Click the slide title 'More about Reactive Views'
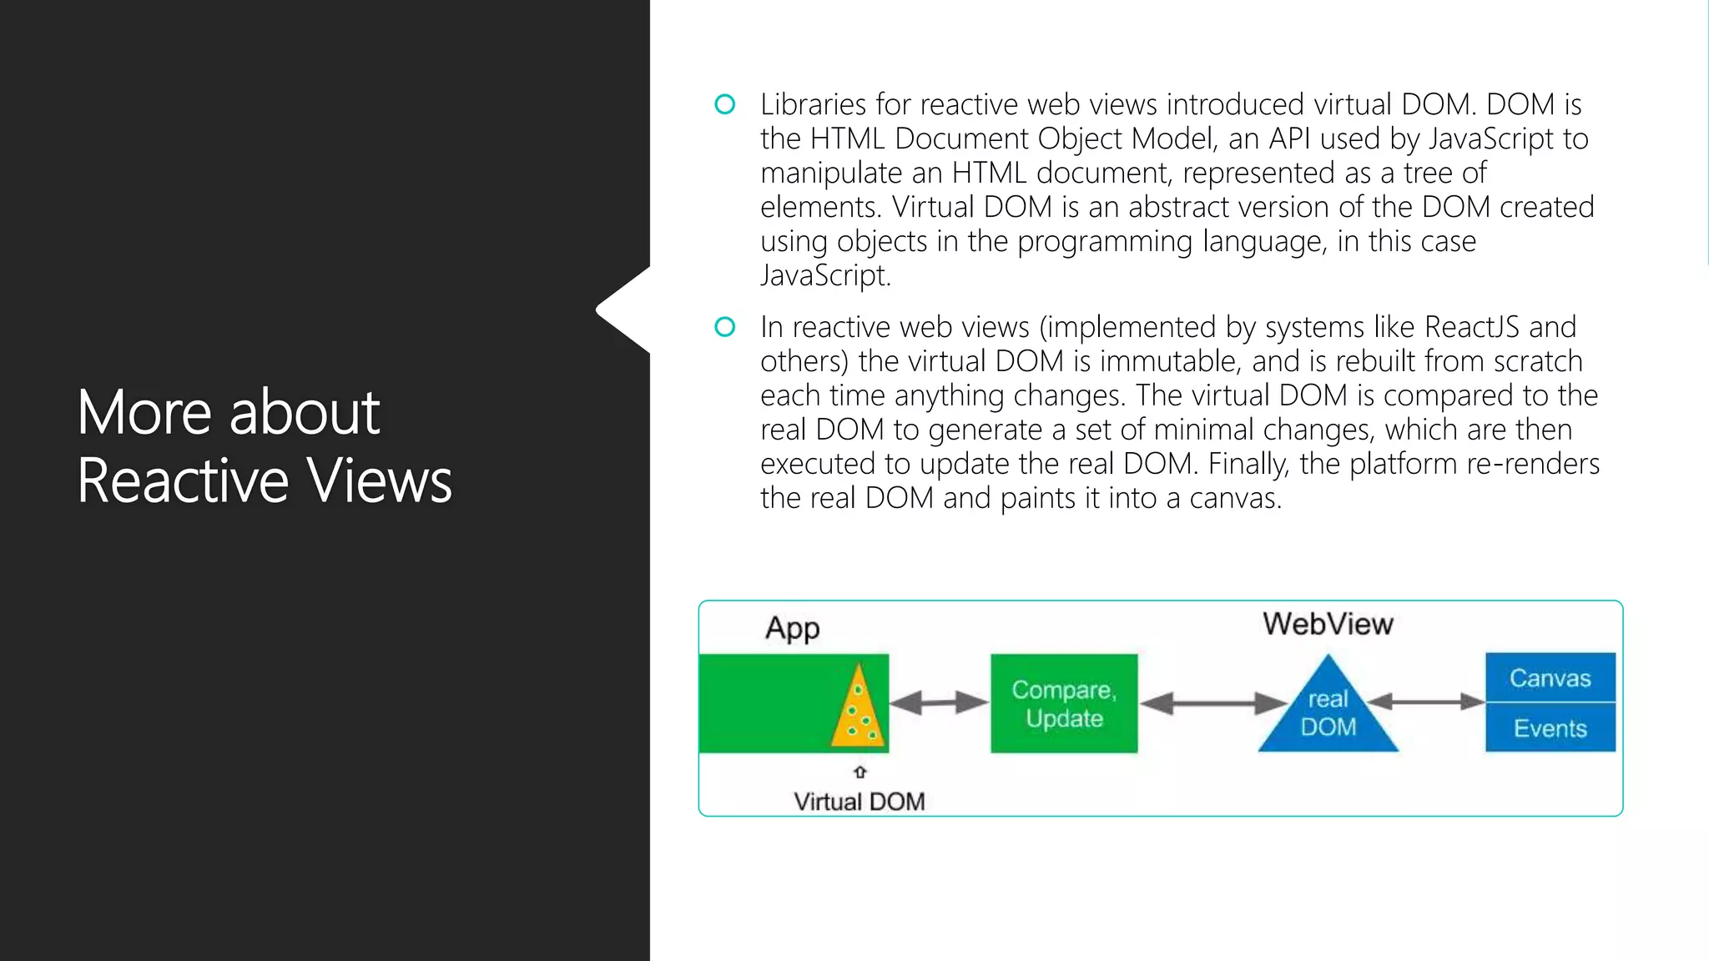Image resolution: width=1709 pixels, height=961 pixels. tap(265, 446)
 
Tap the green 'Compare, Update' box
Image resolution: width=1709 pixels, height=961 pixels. tap(1064, 703)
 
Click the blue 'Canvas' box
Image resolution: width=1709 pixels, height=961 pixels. tap(1550, 677)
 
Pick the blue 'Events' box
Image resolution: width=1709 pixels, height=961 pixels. tap(1550, 728)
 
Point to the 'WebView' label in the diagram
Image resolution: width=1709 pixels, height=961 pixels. tap(1328, 624)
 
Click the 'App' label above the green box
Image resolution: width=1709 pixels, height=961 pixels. tap(792, 628)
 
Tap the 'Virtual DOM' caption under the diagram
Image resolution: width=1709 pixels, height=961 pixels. tap(859, 802)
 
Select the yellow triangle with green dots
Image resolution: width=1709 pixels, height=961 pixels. tap(858, 708)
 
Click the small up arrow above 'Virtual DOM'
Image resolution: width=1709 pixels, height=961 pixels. tap(860, 772)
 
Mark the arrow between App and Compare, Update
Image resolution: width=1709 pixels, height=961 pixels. tap(939, 702)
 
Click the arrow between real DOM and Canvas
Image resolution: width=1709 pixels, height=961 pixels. tap(1426, 702)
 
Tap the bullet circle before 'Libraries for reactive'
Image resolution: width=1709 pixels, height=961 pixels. tap(725, 104)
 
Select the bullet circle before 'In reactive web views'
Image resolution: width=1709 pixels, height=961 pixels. tap(725, 327)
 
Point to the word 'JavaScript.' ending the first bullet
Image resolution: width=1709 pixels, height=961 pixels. tap(825, 275)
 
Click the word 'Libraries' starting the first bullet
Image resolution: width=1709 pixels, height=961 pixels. tap(813, 104)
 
